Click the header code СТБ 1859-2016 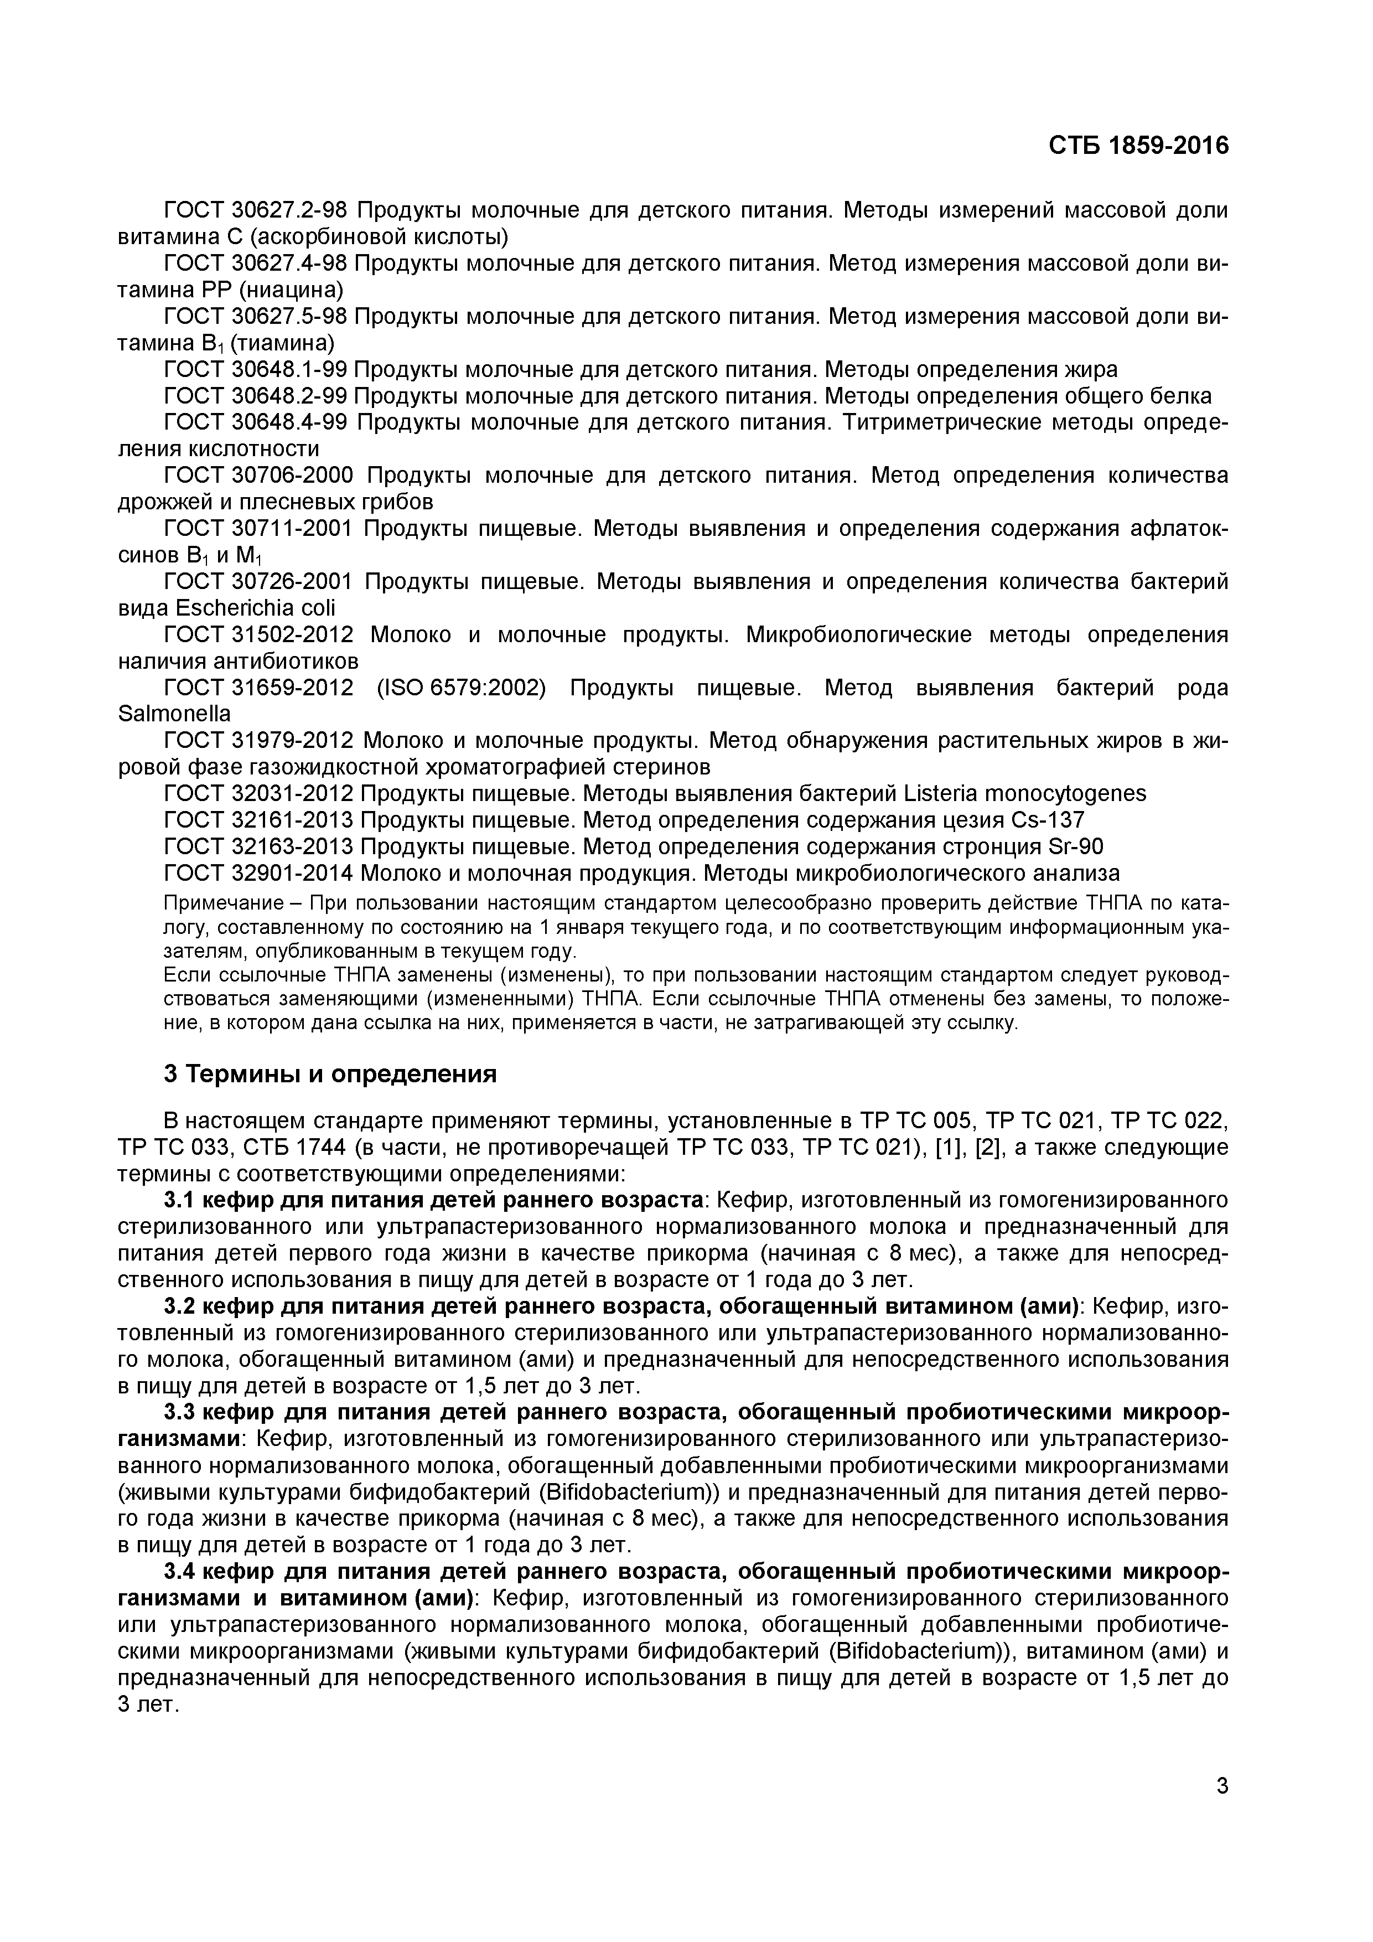tap(1138, 146)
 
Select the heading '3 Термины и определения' tap(330, 1074)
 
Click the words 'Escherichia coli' tap(255, 608)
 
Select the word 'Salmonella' tap(174, 714)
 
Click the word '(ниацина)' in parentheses tap(291, 290)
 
